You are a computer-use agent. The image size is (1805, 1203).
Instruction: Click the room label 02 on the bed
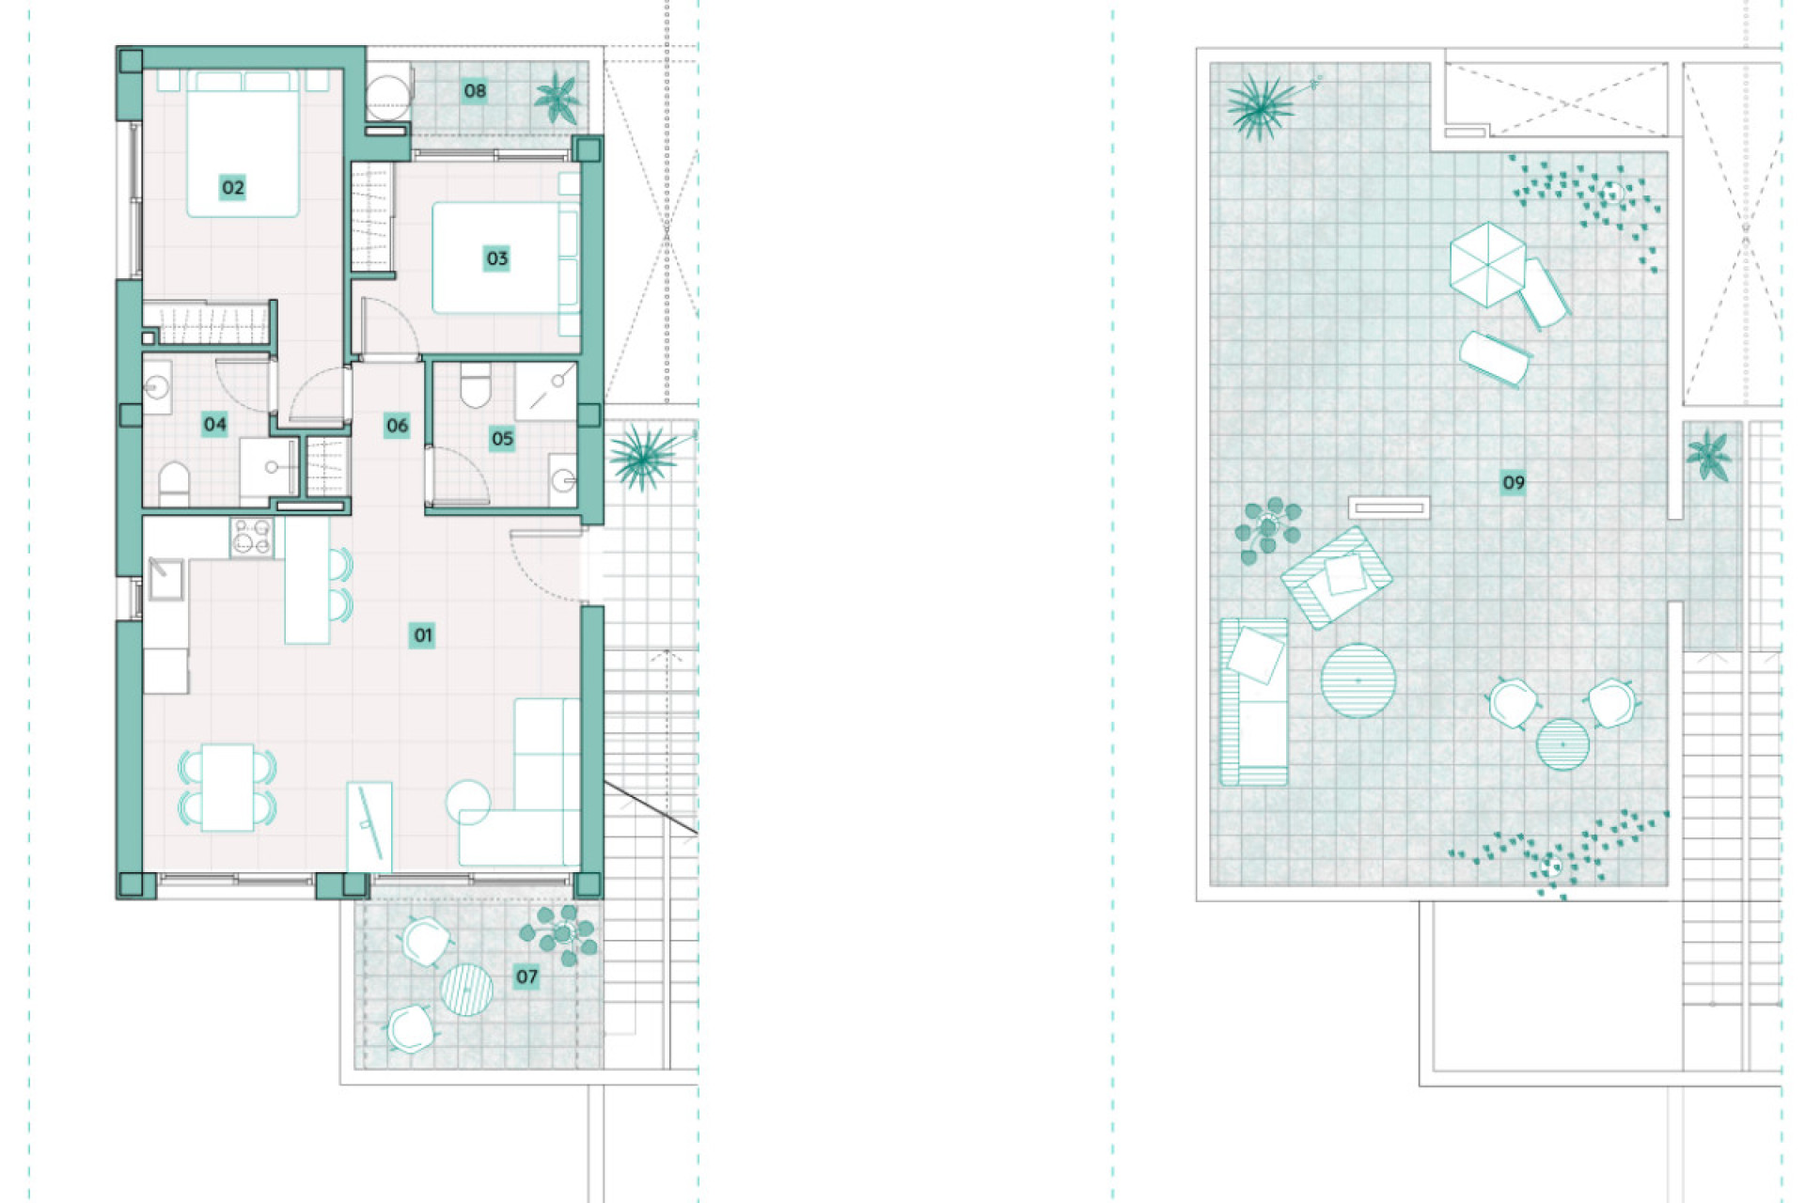[232, 187]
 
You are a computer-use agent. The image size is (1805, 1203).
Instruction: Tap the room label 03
[496, 258]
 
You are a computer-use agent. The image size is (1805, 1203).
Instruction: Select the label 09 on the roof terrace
[1513, 482]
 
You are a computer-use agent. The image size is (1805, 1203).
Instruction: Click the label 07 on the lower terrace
[526, 976]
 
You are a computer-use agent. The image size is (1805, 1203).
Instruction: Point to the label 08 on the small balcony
[475, 90]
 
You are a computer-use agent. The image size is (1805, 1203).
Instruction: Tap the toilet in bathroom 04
[173, 482]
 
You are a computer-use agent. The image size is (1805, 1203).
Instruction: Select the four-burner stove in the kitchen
[251, 538]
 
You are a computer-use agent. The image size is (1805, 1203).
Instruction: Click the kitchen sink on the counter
[165, 578]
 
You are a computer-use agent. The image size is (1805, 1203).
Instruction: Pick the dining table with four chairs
[228, 787]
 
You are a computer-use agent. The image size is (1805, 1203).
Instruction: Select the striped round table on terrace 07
[466, 990]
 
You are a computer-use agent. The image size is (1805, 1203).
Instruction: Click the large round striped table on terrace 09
[1358, 680]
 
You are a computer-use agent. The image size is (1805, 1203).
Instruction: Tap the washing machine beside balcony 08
[388, 92]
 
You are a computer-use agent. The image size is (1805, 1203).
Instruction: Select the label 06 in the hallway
[397, 425]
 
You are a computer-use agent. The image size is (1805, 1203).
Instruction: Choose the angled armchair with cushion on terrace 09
[1335, 578]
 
